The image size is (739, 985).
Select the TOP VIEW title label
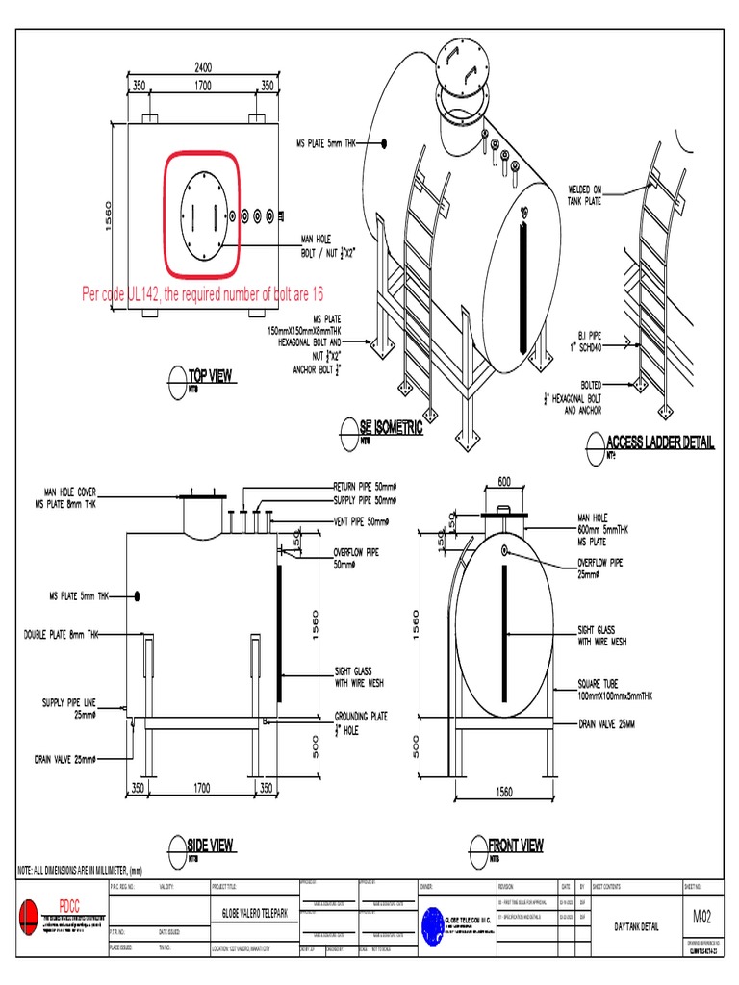coord(210,376)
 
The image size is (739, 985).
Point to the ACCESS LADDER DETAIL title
coord(660,442)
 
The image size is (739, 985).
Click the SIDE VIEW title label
coord(210,845)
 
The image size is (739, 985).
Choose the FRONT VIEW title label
coord(516,845)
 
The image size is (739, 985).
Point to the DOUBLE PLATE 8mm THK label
coord(62,635)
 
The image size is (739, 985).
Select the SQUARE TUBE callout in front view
coord(615,689)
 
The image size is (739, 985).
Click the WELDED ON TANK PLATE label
coord(583,195)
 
